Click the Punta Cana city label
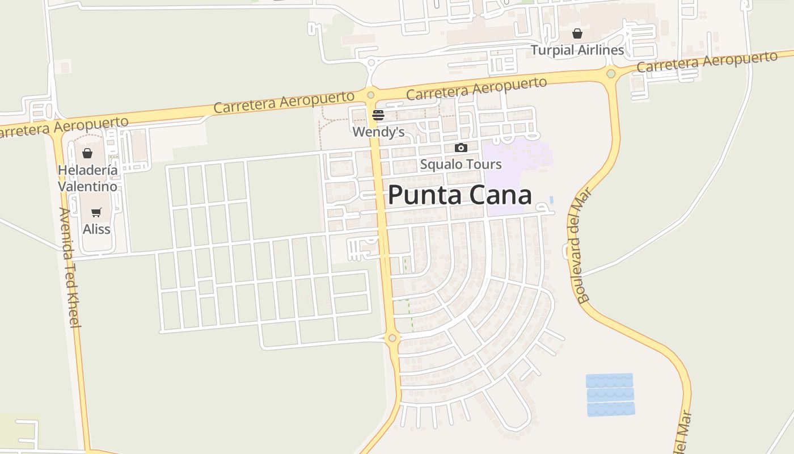coord(460,195)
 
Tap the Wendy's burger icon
coord(378,116)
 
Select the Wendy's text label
coord(378,132)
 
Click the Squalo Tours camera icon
coord(461,148)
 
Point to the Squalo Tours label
coord(461,165)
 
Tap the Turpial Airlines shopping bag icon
coord(577,33)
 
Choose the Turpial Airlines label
coord(577,50)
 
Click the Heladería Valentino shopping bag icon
coord(87,153)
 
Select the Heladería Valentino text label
coord(88,178)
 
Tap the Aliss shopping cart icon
coord(96,213)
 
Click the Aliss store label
coord(96,229)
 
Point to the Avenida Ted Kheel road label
coord(70,267)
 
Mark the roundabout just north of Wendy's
coord(370,95)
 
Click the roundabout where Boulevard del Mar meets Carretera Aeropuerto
coord(611,74)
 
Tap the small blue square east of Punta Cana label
coord(551,200)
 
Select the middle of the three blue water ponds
coord(610,394)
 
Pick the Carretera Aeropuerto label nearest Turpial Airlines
coord(707,61)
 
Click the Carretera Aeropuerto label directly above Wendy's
coord(476,89)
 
